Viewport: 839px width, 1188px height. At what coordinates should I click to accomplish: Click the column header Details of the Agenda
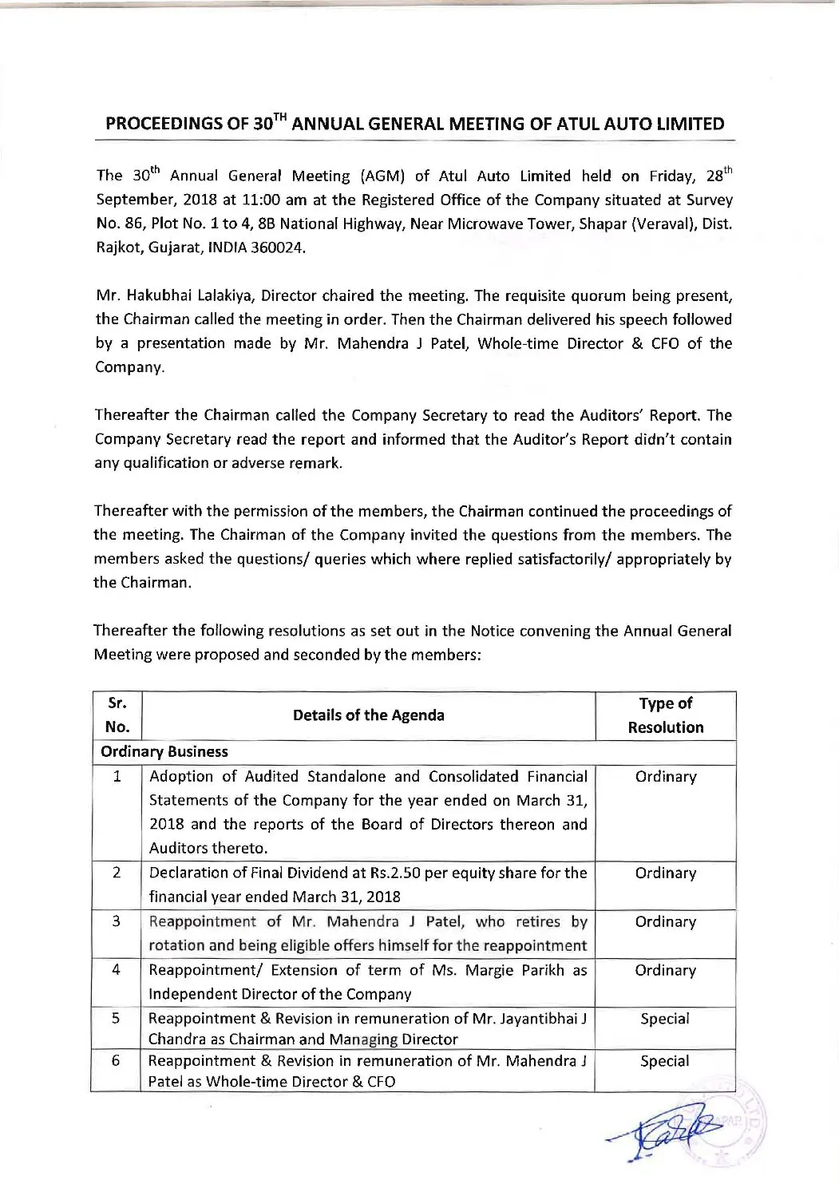[x=368, y=715]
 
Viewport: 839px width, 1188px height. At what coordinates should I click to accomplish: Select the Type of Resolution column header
[x=665, y=715]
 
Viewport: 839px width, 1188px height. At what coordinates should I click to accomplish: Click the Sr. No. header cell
[x=117, y=715]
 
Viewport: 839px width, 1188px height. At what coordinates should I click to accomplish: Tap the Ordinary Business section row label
[x=164, y=752]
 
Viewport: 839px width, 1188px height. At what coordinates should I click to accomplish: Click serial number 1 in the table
[x=117, y=776]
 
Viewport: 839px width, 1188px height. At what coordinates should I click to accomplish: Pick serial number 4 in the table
[x=117, y=970]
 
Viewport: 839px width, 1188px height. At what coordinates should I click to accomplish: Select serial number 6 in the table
[x=117, y=1061]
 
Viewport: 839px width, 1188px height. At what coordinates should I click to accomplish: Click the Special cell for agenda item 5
[x=665, y=1019]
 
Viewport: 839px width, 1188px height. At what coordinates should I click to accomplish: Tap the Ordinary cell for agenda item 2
[x=665, y=873]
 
